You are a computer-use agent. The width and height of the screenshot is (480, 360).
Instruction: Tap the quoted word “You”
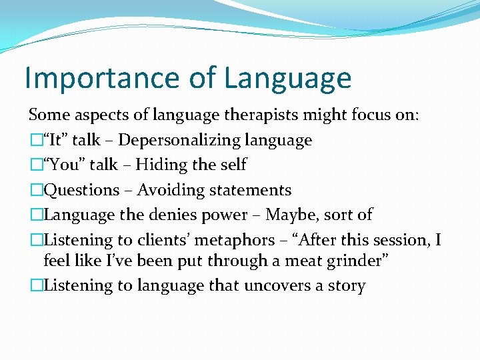point(62,165)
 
